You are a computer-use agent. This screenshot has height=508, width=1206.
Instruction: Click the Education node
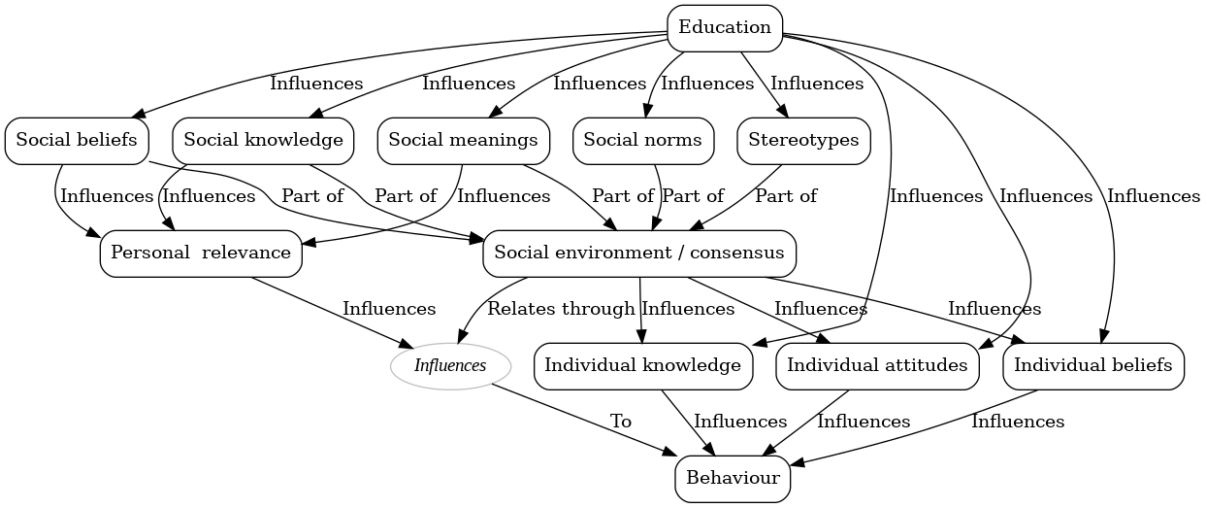[x=725, y=27]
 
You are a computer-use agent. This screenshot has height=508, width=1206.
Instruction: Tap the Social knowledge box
[x=263, y=140]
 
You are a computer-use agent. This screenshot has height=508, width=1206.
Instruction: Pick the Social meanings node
[x=463, y=140]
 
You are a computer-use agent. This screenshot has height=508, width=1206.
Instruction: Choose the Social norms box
[x=642, y=140]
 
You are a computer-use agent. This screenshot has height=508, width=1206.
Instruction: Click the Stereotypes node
[x=803, y=140]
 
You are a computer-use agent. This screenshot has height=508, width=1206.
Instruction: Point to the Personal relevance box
[x=201, y=253]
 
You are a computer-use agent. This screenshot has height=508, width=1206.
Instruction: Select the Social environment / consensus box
[x=639, y=253]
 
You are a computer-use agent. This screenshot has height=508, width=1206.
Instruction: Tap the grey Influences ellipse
[x=450, y=366]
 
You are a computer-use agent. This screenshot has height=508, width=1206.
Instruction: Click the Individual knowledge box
[x=643, y=366]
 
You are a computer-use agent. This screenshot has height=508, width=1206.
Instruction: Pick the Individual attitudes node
[x=877, y=366]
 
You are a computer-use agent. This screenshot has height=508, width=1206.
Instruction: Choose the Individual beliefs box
[x=1092, y=366]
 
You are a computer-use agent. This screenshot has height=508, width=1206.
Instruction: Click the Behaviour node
[x=733, y=478]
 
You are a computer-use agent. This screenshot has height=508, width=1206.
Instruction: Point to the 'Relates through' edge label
[x=561, y=309]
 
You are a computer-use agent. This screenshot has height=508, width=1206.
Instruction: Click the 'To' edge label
[x=621, y=422]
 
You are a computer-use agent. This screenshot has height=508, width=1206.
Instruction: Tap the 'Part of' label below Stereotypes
[x=786, y=196]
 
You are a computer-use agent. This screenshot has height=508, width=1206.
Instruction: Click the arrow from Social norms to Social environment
[x=659, y=194]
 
